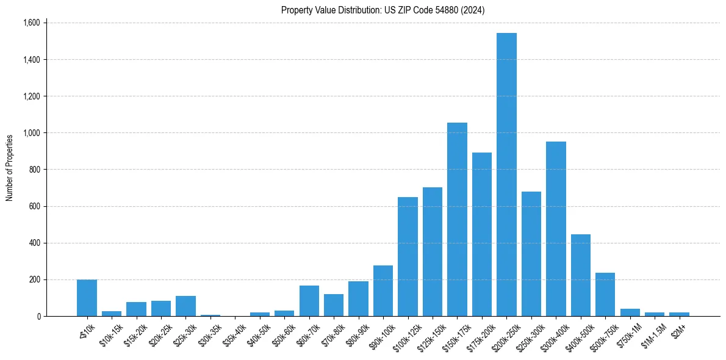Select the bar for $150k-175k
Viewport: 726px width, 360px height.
(457, 220)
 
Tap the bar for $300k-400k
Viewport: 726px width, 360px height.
(556, 229)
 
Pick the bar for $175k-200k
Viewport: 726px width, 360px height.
(482, 235)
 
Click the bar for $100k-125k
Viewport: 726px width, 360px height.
(408, 256)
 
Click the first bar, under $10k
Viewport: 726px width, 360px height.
(87, 298)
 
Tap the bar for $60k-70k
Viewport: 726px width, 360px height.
(309, 301)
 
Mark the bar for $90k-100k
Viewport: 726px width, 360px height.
(383, 291)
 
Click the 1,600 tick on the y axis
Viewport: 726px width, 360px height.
(31, 23)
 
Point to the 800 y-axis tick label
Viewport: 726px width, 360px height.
(34, 170)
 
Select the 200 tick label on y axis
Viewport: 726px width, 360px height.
(34, 279)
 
